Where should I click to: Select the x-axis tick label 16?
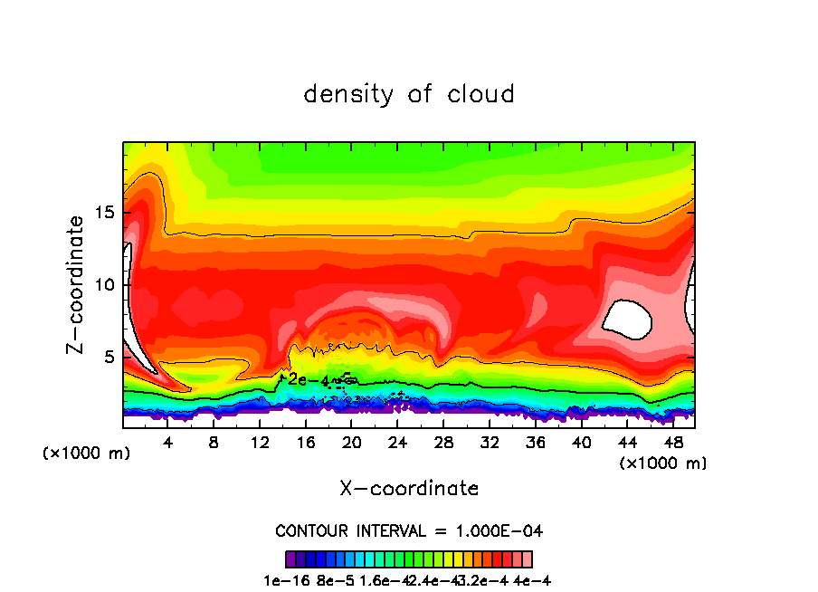[306, 444]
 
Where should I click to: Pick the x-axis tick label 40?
[581, 444]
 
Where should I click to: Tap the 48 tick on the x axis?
[672, 444]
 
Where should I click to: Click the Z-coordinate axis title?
[77, 284]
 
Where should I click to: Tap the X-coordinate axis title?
[409, 489]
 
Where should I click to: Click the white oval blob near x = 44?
[628, 319]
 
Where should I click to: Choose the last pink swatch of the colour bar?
[527, 559]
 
